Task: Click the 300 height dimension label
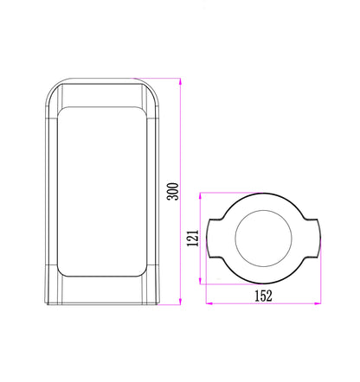pyautogui.click(x=173, y=191)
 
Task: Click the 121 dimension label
pyautogui.click(x=193, y=238)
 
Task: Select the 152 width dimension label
pyautogui.click(x=263, y=296)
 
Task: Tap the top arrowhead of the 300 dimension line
pyautogui.click(x=180, y=81)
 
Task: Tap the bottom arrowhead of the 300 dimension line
pyautogui.click(x=180, y=302)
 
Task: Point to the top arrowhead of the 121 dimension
pyautogui.click(x=200, y=195)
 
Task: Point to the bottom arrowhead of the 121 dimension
pyautogui.click(x=200, y=281)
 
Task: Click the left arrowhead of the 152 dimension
pyautogui.click(x=209, y=303)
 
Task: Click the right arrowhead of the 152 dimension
pyautogui.click(x=318, y=303)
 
